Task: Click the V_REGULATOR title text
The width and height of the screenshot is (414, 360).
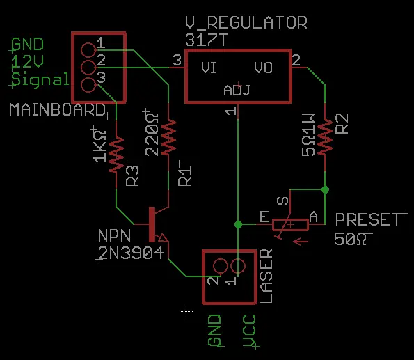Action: (x=246, y=22)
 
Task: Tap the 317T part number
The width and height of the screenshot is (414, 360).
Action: (x=206, y=40)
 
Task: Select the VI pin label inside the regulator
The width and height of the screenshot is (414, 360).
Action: (x=209, y=68)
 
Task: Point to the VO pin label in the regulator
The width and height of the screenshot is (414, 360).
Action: (x=263, y=68)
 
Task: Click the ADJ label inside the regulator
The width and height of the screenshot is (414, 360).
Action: (x=237, y=90)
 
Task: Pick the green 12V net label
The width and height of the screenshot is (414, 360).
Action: (x=27, y=61)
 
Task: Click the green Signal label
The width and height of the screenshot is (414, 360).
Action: (x=40, y=79)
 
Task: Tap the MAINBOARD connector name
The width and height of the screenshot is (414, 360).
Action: (x=57, y=109)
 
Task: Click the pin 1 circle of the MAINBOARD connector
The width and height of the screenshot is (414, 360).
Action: (x=88, y=50)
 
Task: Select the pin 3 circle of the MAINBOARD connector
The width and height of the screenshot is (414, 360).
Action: (x=88, y=85)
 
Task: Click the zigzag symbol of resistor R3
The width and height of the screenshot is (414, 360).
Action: (x=116, y=155)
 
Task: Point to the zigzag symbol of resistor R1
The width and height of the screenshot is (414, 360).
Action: (x=168, y=137)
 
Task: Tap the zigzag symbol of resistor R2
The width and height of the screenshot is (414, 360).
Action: (x=325, y=137)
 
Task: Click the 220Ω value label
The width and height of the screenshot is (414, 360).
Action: (x=152, y=134)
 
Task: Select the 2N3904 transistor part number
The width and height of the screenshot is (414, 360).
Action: (x=131, y=253)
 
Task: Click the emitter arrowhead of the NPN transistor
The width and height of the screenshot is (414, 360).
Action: (x=164, y=237)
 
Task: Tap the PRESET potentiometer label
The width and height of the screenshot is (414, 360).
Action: (x=368, y=219)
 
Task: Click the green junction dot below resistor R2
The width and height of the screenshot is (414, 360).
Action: (x=325, y=189)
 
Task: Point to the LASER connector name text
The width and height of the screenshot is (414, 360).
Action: (x=266, y=276)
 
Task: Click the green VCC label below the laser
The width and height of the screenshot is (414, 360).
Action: (x=250, y=331)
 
